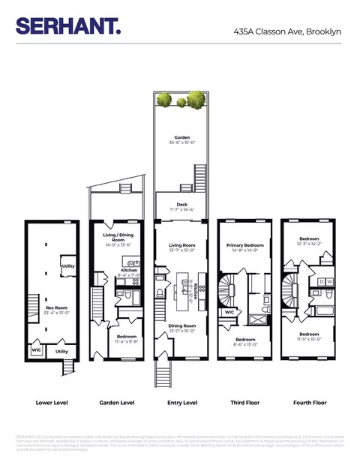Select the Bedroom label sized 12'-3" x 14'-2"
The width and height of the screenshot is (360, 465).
click(x=303, y=239)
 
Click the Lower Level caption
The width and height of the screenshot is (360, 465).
click(x=52, y=403)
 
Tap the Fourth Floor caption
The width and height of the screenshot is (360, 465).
click(x=309, y=403)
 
